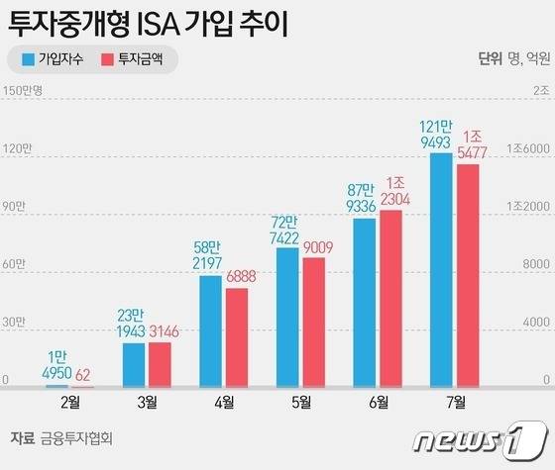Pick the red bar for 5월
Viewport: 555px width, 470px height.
(314, 322)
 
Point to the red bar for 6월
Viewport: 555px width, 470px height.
(390, 298)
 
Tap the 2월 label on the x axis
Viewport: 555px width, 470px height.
(70, 402)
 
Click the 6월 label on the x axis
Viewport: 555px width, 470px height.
(378, 402)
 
